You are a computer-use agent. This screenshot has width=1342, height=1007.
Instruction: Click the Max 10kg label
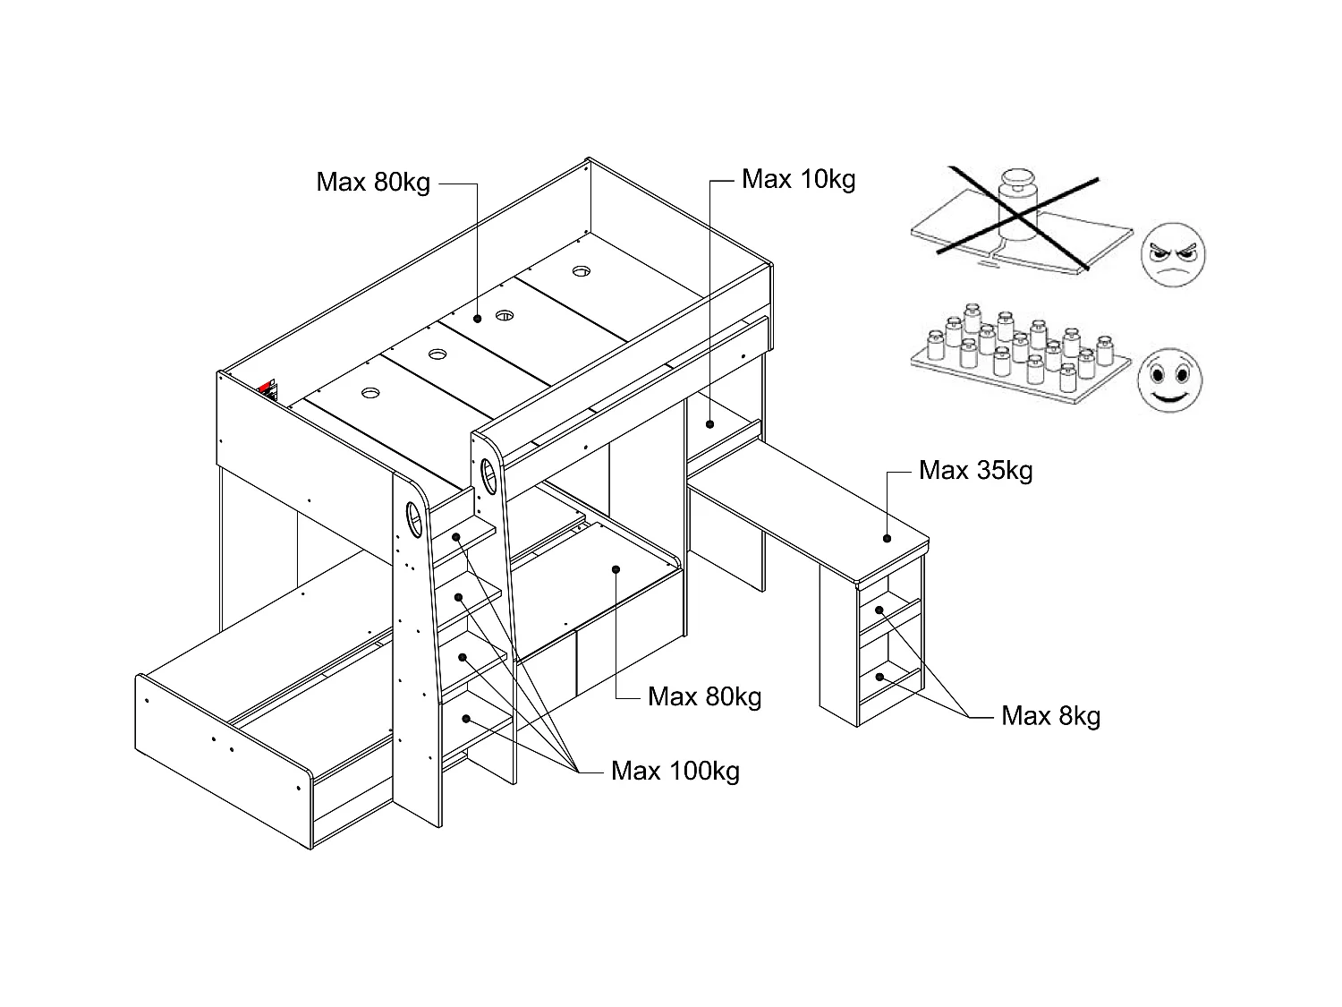(798, 179)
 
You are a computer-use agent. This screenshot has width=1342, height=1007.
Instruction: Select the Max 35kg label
(975, 470)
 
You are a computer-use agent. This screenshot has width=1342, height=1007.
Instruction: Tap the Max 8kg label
(1050, 716)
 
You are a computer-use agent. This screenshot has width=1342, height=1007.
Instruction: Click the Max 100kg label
(675, 771)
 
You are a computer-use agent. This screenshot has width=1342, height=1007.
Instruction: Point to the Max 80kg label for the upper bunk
(373, 183)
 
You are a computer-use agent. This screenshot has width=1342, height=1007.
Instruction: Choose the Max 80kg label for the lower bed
(704, 696)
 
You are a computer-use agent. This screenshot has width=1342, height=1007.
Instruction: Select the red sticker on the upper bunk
(267, 389)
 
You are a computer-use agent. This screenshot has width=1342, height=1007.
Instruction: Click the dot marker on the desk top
(887, 539)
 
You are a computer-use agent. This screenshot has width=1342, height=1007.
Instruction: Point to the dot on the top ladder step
(456, 537)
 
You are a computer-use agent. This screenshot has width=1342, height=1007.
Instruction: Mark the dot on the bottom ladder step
(466, 718)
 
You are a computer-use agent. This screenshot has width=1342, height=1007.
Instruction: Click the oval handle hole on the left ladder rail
(414, 519)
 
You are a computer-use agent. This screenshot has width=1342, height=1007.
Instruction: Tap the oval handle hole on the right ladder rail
(489, 474)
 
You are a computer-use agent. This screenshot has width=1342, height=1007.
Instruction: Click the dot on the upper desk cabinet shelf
(879, 610)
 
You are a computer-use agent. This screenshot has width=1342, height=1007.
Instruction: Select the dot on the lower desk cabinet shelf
(881, 678)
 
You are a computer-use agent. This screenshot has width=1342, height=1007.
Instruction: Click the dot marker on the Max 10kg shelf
(709, 424)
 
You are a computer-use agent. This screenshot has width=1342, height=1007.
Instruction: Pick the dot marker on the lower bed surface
(616, 569)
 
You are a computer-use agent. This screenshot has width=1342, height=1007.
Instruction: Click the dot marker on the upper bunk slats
(479, 317)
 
